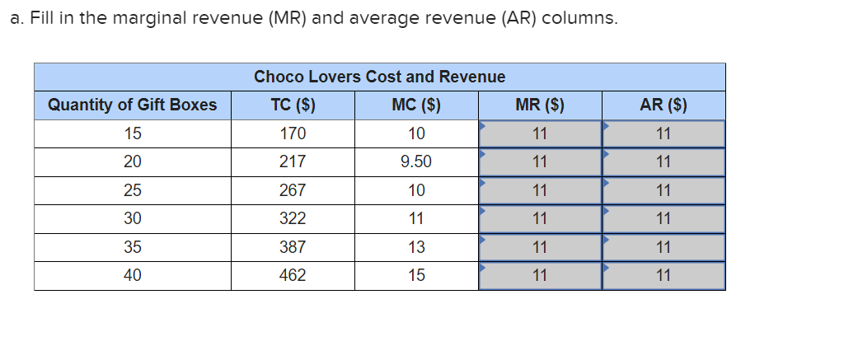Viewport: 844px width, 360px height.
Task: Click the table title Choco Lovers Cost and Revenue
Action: tap(379, 77)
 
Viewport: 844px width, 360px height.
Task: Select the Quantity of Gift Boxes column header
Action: tap(133, 105)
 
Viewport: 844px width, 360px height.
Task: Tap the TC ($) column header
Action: tap(293, 105)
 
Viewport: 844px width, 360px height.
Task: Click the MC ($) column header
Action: tap(416, 105)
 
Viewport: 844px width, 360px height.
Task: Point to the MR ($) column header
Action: tap(540, 105)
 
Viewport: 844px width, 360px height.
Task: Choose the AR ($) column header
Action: tap(663, 105)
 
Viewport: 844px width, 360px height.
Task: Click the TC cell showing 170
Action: tap(293, 133)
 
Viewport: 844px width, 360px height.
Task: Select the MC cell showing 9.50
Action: tap(416, 162)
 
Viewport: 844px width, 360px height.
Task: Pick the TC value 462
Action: tap(293, 275)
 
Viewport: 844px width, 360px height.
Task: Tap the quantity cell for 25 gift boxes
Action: tap(133, 190)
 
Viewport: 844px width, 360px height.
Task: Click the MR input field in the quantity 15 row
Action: tap(540, 133)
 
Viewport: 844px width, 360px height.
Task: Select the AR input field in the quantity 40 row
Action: tap(663, 275)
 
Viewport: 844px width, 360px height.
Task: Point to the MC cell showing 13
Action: tap(416, 247)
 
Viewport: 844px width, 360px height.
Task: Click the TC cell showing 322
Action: tap(293, 218)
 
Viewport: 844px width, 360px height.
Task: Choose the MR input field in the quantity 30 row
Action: tap(540, 218)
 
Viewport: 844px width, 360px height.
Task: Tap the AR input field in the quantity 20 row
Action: tap(663, 162)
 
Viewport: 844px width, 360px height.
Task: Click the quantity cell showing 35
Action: tap(133, 247)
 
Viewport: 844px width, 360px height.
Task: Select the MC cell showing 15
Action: tap(416, 275)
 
